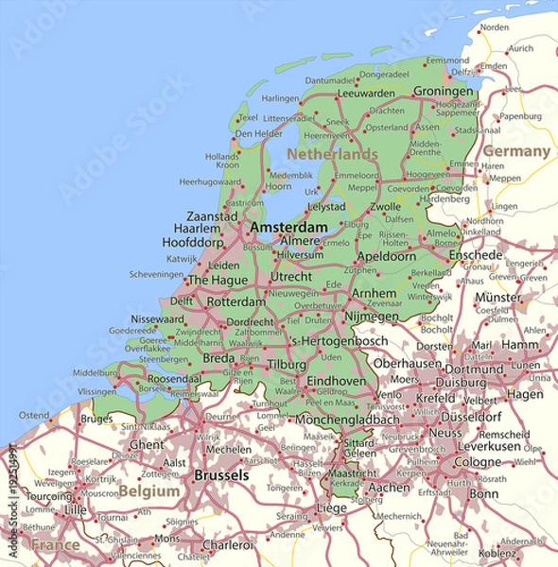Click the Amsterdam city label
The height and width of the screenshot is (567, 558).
click(x=288, y=228)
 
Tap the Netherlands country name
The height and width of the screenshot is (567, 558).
click(x=332, y=153)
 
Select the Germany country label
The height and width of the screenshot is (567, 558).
click(x=515, y=151)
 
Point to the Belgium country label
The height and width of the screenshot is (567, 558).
click(x=148, y=491)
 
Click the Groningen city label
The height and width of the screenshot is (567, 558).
click(x=442, y=92)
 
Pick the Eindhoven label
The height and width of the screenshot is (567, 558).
click(x=337, y=380)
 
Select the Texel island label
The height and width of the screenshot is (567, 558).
click(x=248, y=118)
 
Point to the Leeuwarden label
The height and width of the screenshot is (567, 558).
click(x=366, y=94)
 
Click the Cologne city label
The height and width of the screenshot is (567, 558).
click(x=477, y=462)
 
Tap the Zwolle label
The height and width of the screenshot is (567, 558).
click(x=385, y=206)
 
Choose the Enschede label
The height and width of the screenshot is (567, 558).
click(x=475, y=255)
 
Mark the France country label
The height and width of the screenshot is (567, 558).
click(x=56, y=545)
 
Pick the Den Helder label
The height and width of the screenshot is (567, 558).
click(x=257, y=134)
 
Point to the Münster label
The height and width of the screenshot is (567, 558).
click(x=498, y=297)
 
